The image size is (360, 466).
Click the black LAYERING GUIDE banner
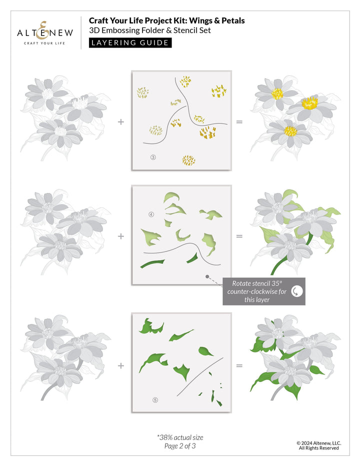pos(130,42)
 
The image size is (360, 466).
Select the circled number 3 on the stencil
pos(153,157)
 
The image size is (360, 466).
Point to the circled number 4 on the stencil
pos(151,215)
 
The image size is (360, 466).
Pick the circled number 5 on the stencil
pos(155,399)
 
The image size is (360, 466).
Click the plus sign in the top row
pos(121,121)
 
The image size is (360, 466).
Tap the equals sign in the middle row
pos(239,236)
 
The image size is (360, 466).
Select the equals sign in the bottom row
pos(239,365)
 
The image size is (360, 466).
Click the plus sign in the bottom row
pos(121,365)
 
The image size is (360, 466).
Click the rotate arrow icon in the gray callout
pos(296,291)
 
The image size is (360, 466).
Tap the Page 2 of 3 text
pos(180,446)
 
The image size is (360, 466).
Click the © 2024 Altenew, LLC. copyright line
pos(318,442)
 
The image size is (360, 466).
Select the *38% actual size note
pos(180,437)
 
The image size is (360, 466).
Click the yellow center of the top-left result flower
pos(277,93)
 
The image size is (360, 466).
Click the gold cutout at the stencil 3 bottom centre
pos(188,160)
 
